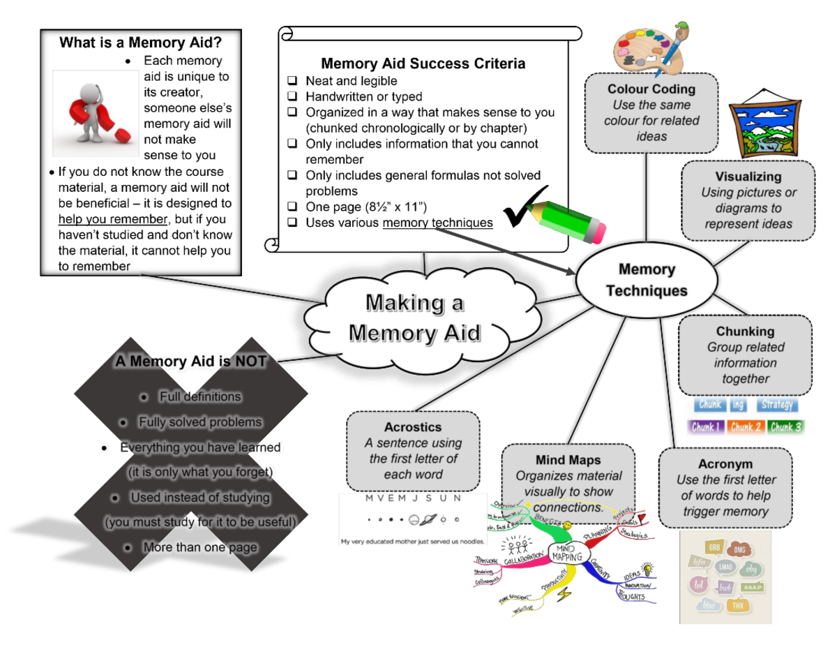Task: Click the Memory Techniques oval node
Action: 647,280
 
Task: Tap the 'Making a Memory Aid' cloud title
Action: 414,318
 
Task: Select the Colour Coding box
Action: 651,112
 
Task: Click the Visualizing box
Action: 747,200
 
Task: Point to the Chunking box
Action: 745,355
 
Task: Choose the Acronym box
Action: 725,488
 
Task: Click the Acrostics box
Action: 413,451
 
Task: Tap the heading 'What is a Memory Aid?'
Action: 141,43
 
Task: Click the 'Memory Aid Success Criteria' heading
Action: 423,64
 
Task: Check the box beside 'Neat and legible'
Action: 293,81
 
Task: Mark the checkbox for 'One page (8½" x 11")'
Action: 293,207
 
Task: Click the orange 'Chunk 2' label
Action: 745,426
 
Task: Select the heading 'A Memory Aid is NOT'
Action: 190,362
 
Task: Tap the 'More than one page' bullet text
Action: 199,547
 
